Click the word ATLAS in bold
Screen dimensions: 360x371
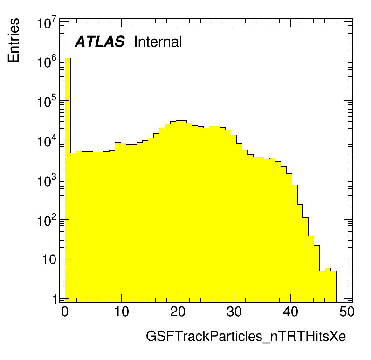(100, 42)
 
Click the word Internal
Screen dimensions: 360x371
(158, 42)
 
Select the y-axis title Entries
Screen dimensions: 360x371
(14, 40)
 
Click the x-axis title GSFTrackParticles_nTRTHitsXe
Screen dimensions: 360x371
(246, 336)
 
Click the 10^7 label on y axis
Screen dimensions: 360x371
(47, 23)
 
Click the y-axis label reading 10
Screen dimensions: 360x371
(49, 260)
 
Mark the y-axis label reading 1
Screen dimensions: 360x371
(55, 299)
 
